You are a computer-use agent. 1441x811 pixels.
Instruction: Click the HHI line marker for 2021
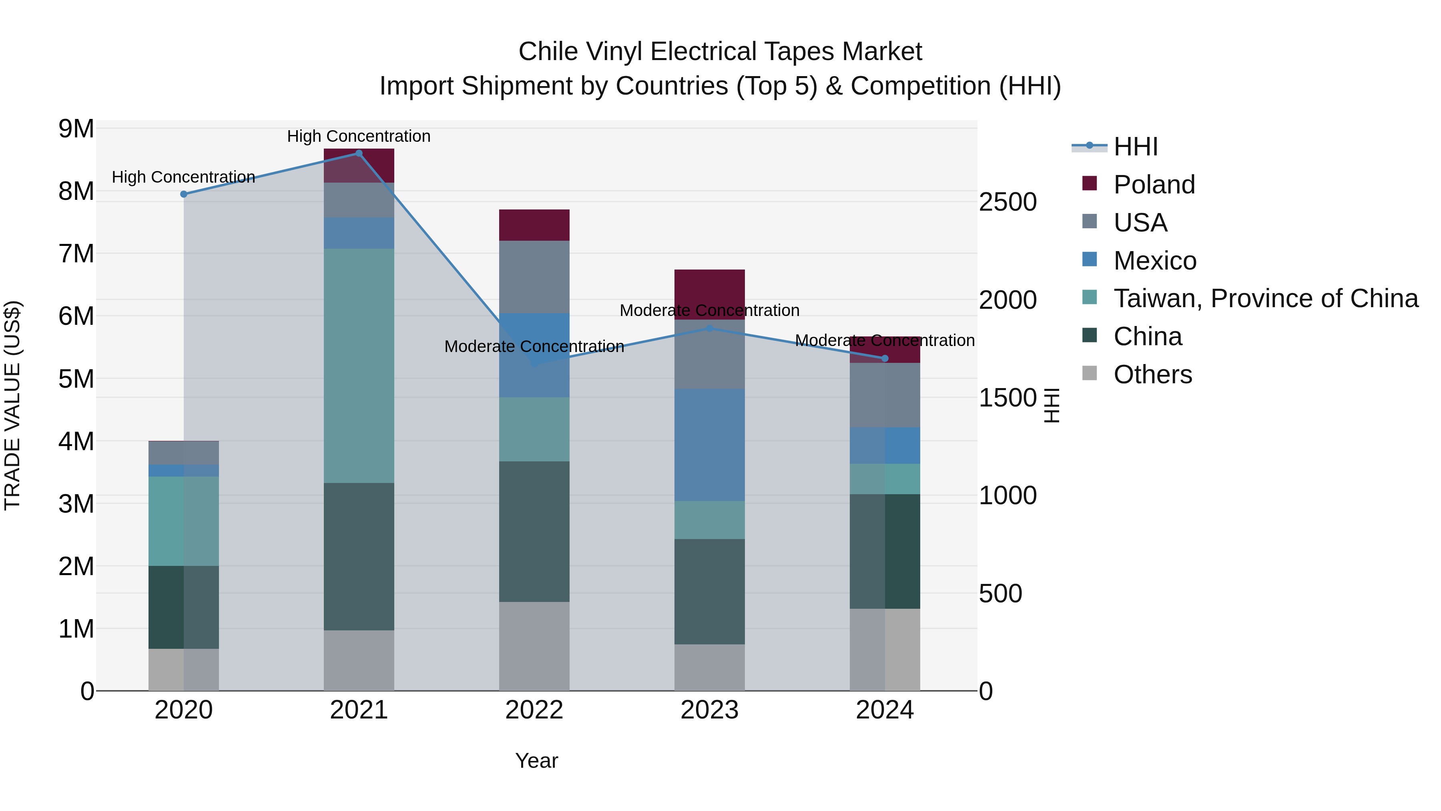(x=359, y=153)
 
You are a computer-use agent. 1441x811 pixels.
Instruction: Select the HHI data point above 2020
(x=183, y=194)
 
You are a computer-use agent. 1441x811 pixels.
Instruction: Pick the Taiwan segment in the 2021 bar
(x=359, y=366)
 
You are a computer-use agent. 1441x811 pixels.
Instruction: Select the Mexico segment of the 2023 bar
(x=709, y=445)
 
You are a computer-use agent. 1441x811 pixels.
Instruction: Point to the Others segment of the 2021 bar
(x=359, y=660)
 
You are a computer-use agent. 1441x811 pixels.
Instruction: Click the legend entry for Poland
(x=1154, y=185)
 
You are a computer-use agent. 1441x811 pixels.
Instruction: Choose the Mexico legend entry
(x=1154, y=261)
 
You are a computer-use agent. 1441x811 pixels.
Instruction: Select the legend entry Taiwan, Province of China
(x=1265, y=298)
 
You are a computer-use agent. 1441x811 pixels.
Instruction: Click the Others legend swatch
(x=1090, y=373)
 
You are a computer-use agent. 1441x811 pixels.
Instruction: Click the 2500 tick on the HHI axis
(x=1007, y=202)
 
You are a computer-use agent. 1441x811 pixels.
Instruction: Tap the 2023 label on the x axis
(x=709, y=710)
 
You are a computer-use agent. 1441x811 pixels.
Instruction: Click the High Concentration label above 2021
(x=359, y=136)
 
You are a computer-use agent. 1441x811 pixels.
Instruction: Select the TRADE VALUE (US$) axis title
(x=12, y=405)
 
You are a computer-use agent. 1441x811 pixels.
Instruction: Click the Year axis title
(x=536, y=761)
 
